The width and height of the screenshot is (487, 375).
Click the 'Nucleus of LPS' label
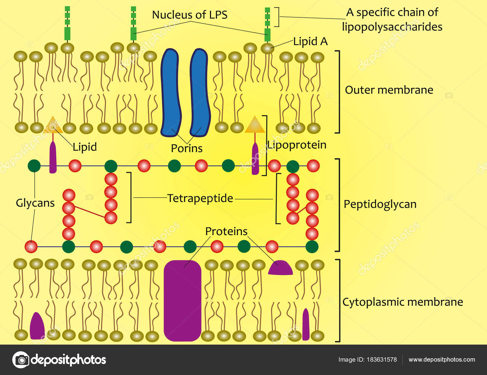click(190, 15)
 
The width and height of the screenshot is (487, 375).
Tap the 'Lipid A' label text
click(310, 41)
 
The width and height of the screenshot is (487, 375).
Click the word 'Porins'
click(187, 148)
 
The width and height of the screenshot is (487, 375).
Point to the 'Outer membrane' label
click(389, 90)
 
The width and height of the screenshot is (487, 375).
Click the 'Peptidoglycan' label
click(380, 204)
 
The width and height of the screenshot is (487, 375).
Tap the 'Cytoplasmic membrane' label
click(402, 302)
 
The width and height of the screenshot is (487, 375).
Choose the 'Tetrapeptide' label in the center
click(200, 198)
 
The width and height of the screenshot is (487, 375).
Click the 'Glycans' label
click(35, 203)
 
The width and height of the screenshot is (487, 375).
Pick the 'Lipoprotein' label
click(297, 145)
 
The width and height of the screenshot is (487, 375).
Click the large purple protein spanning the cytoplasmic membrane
click(182, 300)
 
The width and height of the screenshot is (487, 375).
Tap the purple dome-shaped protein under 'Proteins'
click(280, 269)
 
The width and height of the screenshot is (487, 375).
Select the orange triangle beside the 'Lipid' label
click(53, 125)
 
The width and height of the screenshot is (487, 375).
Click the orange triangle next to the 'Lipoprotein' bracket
click(255, 125)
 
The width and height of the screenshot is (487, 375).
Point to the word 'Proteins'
click(226, 231)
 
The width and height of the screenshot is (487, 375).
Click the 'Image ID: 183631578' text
click(367, 359)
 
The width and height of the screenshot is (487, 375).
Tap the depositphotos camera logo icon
click(21, 360)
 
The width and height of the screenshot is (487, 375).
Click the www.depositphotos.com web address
click(442, 359)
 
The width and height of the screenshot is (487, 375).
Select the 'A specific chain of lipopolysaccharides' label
click(392, 19)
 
